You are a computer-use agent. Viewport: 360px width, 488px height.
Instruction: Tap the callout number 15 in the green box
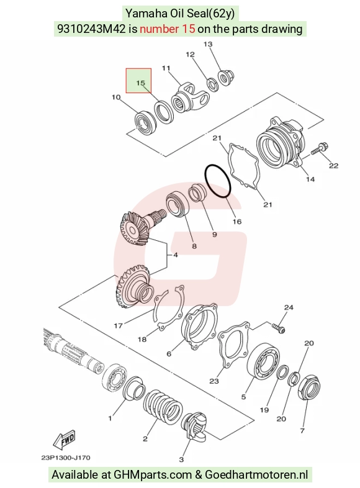click(x=140, y=83)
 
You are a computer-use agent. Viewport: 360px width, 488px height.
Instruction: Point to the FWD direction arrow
click(x=65, y=440)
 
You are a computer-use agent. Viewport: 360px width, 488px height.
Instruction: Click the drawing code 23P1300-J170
click(x=66, y=458)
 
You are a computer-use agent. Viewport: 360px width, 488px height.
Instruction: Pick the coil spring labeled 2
click(x=163, y=407)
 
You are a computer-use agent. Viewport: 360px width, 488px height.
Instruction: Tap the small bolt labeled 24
click(x=279, y=328)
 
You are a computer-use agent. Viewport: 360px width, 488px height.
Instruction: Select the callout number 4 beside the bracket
click(x=176, y=255)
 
